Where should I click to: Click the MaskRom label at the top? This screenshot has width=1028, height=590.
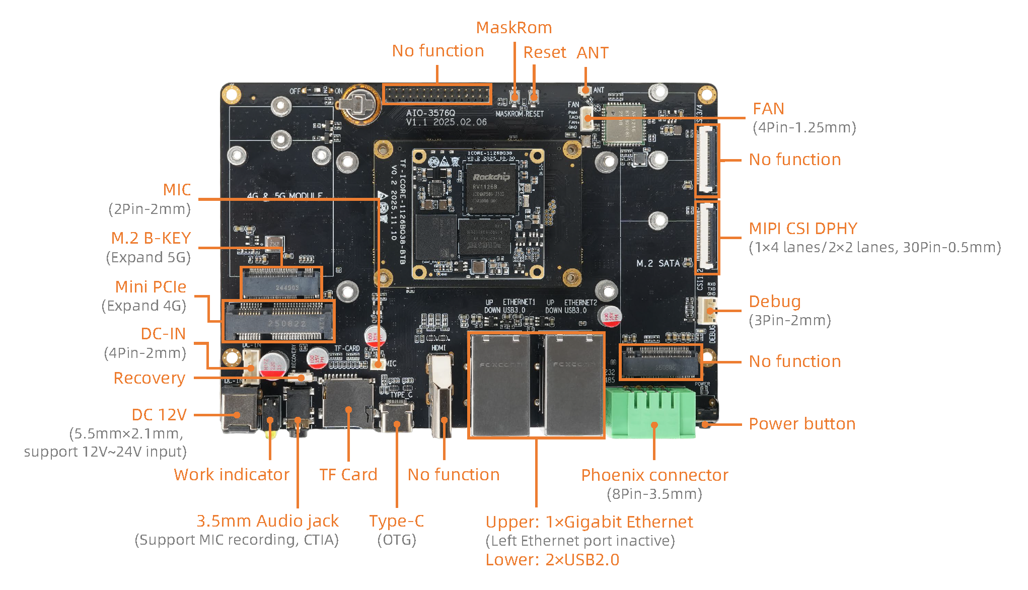(x=513, y=28)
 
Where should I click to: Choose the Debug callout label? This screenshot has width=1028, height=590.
(x=774, y=302)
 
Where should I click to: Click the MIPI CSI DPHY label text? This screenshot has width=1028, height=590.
(x=802, y=229)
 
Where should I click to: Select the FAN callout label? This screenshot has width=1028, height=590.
(x=768, y=109)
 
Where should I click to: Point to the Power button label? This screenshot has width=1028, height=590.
(x=801, y=424)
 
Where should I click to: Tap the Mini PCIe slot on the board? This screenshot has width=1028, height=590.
(x=278, y=321)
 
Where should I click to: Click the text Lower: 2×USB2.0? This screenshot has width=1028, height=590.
(x=552, y=560)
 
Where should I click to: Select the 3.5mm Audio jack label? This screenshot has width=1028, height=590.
(x=267, y=521)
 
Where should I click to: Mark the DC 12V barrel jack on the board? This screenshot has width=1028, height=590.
(x=239, y=410)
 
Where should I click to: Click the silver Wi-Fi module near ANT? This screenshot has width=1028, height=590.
(x=624, y=125)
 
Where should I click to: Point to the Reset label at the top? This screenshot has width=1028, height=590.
(x=544, y=52)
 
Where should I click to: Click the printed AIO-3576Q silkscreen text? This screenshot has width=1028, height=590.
(x=430, y=113)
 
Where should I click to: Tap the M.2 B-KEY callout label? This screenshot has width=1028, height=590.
(x=151, y=238)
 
